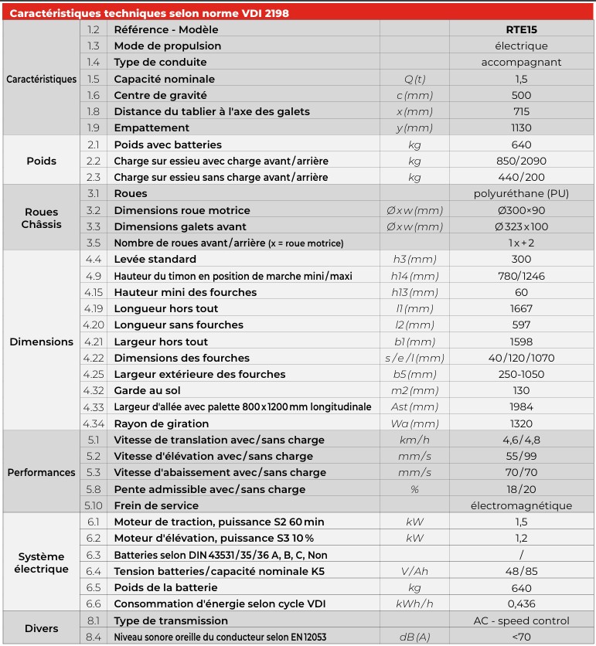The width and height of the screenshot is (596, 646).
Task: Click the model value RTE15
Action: coord(521,29)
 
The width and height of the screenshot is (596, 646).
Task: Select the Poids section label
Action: coord(41,161)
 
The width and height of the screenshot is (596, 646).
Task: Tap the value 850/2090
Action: coord(521,161)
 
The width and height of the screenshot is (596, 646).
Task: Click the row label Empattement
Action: coord(152,127)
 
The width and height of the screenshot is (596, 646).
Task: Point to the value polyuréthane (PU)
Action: coord(521,193)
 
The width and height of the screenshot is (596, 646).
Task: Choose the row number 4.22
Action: coord(94,358)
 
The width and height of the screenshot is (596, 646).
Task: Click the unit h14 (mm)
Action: coord(415,276)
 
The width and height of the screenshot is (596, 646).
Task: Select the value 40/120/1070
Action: coord(521,358)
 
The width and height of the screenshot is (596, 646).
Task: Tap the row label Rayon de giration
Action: coord(162,423)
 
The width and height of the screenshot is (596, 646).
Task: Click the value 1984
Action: coord(521,406)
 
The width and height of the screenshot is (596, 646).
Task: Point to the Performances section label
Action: coord(41,472)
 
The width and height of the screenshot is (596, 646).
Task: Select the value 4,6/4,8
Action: coord(521,440)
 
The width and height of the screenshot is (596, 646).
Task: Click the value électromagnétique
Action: coord(521,505)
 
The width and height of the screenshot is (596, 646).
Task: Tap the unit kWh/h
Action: coord(415,603)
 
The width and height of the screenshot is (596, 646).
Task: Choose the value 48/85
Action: coord(521,571)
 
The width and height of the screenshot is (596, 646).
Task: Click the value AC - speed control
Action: coord(521,620)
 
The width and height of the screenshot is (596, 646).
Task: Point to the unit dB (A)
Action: coord(415,637)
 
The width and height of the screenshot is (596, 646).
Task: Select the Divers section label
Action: coord(41,628)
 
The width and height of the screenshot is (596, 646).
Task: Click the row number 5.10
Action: coord(94,505)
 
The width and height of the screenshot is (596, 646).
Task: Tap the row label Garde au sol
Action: coord(147,390)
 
